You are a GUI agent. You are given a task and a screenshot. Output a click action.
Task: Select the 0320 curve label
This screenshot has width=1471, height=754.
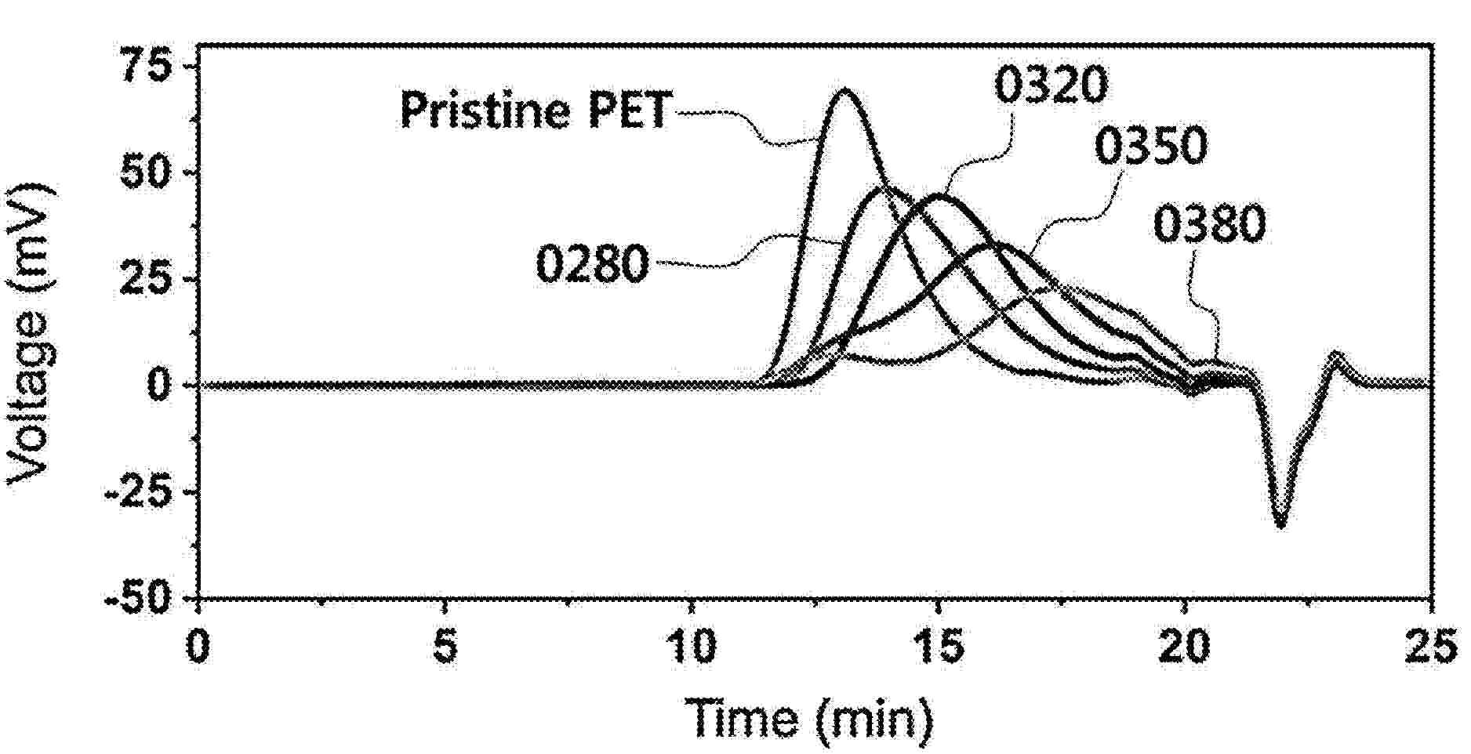coord(1051,86)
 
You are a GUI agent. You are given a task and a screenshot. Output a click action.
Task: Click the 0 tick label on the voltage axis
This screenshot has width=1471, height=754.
coord(160,386)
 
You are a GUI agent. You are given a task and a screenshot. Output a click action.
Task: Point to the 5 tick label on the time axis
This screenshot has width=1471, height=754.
coord(445,647)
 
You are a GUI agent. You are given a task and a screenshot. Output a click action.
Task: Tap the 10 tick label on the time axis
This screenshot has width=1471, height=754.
coord(691,647)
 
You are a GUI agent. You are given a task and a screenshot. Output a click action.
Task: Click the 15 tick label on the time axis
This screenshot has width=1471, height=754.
coord(939,647)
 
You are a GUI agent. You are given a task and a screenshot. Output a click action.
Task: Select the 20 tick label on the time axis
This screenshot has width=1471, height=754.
coord(1186,647)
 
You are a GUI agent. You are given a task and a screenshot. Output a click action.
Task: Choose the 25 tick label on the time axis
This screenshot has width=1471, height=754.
coord(1433,647)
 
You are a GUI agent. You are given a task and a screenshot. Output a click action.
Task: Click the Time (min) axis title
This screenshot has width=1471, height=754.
coord(811,716)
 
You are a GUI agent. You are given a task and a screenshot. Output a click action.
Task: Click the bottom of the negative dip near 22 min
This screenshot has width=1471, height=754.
coord(1280,525)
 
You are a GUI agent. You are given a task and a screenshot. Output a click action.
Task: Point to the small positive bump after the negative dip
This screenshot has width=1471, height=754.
coord(1336,357)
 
